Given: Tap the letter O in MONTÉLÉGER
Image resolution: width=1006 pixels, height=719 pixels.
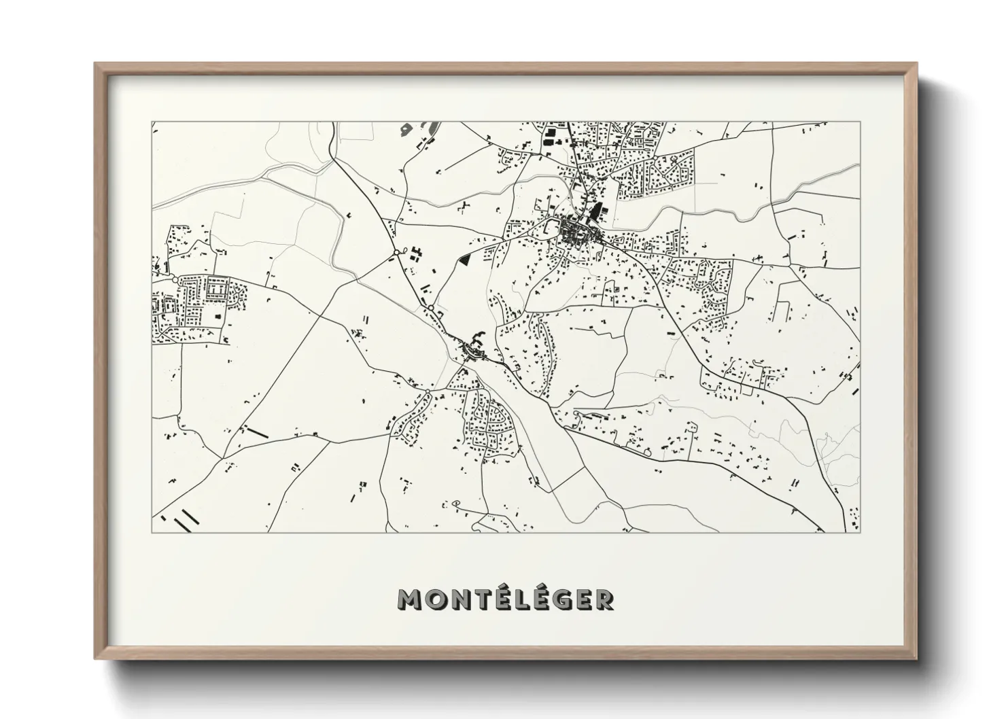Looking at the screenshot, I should point(438,599).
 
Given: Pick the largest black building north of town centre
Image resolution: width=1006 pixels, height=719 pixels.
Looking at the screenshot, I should point(596,213).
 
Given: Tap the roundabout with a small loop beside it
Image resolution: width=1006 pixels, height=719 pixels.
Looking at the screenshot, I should point(396,253).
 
